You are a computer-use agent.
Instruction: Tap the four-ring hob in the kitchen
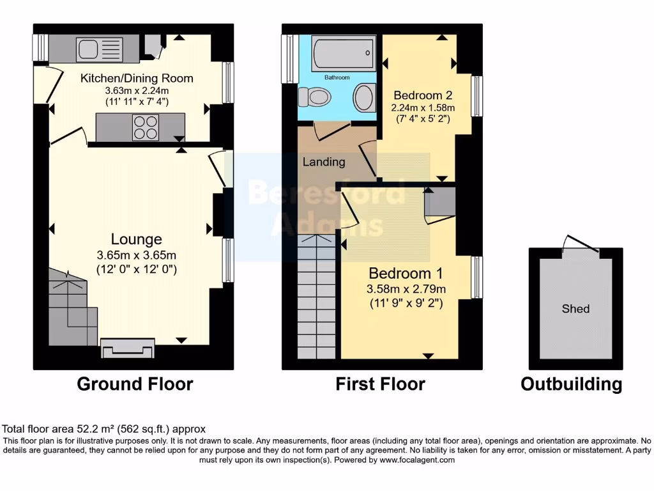pos(145,126)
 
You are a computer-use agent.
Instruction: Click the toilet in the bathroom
pos(316,98)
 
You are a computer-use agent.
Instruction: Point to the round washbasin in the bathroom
pos(364,98)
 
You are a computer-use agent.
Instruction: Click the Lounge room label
pos(136,239)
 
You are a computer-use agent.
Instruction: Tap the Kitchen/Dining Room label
pos(136,79)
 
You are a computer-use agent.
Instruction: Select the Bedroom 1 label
pos(406,273)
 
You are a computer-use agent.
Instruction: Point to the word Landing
pos(323,162)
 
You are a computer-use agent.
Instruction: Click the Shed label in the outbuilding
pos(575,309)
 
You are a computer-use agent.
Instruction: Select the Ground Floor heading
pos(135,384)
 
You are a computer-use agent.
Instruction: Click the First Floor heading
pos(380,384)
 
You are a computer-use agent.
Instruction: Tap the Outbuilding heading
pos(571,384)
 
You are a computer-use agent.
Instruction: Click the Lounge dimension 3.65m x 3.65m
pos(136,254)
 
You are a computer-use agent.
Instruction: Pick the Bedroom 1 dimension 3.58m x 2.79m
pos(406,289)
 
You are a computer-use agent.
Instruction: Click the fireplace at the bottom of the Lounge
pos(128,349)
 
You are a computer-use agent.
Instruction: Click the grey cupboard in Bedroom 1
pos(439,203)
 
